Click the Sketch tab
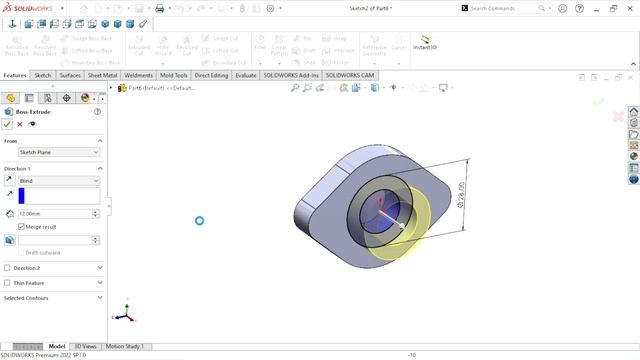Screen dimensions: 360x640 pyautogui.click(x=43, y=75)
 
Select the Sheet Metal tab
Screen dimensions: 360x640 pyautogui.click(x=103, y=75)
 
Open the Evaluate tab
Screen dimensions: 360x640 pyautogui.click(x=245, y=75)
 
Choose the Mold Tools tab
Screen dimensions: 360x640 pyautogui.click(x=174, y=75)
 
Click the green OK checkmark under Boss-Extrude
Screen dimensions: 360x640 pyautogui.click(x=7, y=124)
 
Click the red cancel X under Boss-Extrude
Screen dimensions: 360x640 pyautogui.click(x=20, y=124)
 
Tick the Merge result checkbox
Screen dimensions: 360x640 pyautogui.click(x=22, y=227)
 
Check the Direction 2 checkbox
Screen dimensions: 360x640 pyautogui.click(x=8, y=268)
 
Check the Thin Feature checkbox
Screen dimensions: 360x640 pyautogui.click(x=8, y=283)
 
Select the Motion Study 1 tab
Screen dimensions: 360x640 pyautogui.click(x=125, y=346)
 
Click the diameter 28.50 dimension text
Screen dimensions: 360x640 pyautogui.click(x=461, y=194)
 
